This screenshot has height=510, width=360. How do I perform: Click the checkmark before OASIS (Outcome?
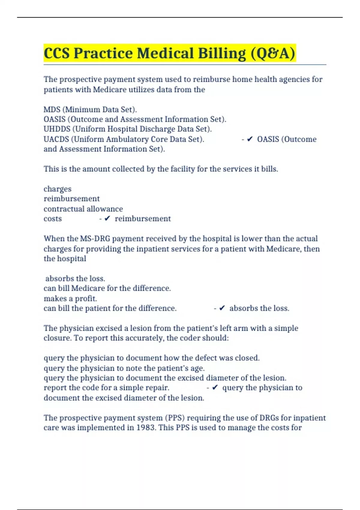tap(250, 139)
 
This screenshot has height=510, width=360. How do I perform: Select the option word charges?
tap(58, 189)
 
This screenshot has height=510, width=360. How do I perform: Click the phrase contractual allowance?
tap(83, 209)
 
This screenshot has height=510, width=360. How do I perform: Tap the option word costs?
tap(52, 219)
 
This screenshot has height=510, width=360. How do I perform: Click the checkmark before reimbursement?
tap(107, 219)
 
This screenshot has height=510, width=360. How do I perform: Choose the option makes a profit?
tap(70, 298)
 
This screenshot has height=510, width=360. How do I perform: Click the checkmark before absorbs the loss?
tap(222, 308)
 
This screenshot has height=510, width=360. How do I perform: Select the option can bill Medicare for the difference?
tap(107, 288)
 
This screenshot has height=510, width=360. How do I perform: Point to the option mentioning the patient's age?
tap(124, 368)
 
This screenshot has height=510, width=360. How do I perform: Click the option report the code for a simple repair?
tap(106, 388)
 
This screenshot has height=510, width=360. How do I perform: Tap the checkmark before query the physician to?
tap(215, 388)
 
